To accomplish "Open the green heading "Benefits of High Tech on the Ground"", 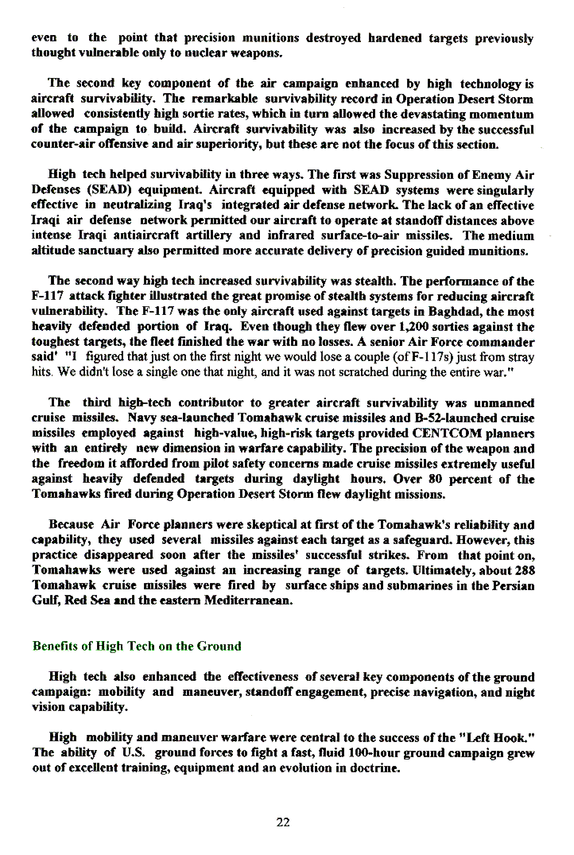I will tap(136, 646).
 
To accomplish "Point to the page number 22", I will tap(283, 822).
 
